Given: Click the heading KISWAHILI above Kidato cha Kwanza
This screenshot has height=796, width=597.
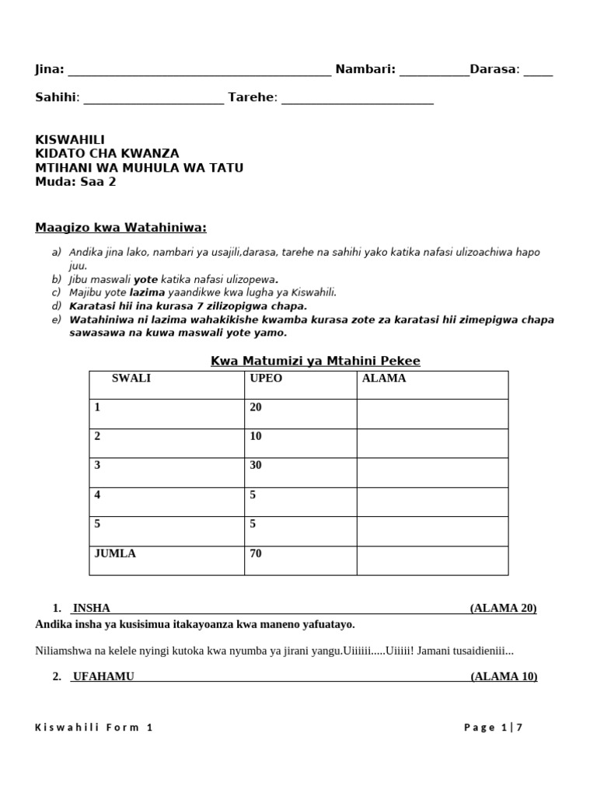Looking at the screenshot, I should pos(70,139).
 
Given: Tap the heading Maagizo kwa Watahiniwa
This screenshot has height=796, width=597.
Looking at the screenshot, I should pos(121,227).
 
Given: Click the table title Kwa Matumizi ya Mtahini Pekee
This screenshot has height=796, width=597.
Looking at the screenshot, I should pos(316,361).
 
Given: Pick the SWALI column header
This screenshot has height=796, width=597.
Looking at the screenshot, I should pos(131,379).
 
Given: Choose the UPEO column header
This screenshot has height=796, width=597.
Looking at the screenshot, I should pos(266,379).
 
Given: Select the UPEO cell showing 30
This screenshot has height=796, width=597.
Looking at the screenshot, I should pos(256,466).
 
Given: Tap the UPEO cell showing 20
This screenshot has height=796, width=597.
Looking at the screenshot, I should pos(256,407).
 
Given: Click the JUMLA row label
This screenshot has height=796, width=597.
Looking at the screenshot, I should pos(114,554).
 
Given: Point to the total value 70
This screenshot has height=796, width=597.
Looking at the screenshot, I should pos(256,554).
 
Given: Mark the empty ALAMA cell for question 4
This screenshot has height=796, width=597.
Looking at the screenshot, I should pos(432,501).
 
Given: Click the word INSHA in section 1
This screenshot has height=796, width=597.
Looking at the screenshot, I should pos(92,608).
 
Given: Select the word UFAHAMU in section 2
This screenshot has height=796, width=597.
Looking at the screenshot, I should pos(103,676).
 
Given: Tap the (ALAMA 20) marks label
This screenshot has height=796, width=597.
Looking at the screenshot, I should pos(503,608).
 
